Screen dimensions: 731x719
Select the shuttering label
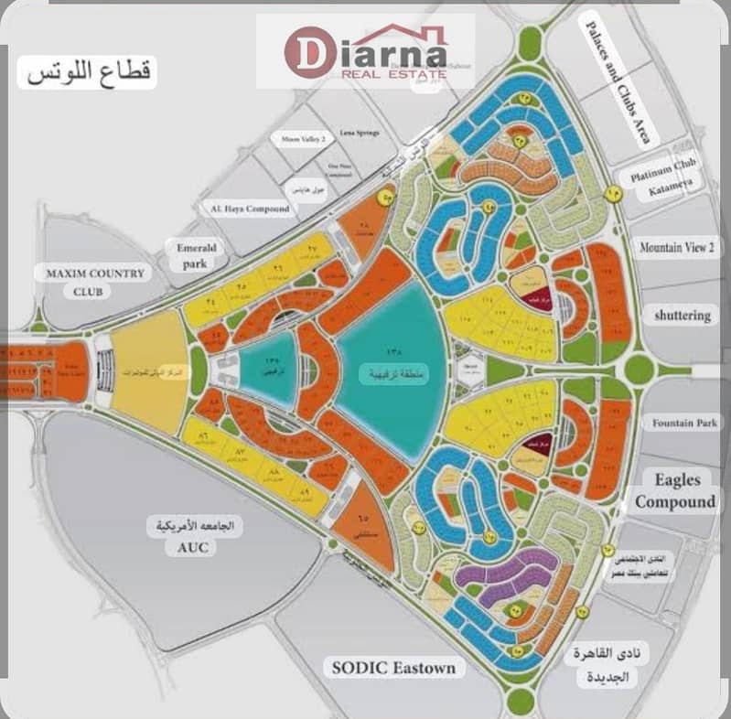coord(682,316)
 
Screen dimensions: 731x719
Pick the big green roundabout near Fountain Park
coord(639,369)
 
